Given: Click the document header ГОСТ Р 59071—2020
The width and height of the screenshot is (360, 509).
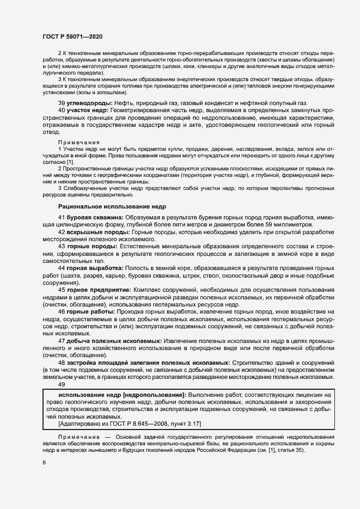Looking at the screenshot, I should (x=72, y=36).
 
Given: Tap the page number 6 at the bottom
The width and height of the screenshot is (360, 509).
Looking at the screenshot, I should (x=44, y=462).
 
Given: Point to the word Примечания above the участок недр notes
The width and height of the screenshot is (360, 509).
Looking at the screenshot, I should (x=76, y=142).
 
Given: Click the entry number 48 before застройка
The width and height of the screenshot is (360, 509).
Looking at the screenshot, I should (x=62, y=362).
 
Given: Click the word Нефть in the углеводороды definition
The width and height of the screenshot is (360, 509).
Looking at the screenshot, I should (x=125, y=103).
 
